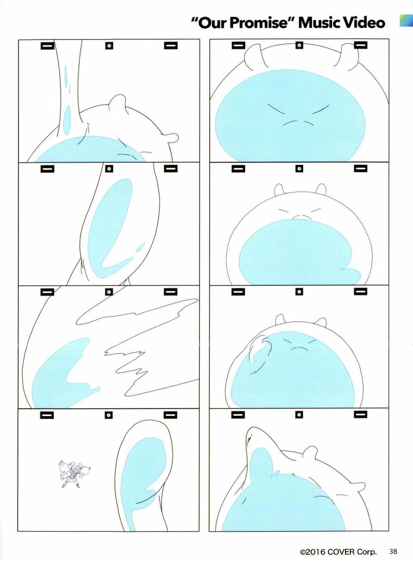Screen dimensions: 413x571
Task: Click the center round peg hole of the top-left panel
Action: [x=109, y=46]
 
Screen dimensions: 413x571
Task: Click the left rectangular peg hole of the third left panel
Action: [x=47, y=292]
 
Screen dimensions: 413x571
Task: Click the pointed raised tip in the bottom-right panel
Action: [x=251, y=428]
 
